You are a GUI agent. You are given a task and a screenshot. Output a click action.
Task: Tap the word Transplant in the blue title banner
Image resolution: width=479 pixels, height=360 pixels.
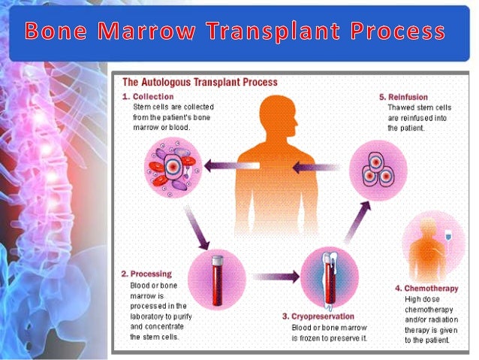pyautogui.click(x=275, y=32)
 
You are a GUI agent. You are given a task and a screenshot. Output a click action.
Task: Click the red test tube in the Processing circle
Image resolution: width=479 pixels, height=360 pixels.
pyautogui.click(x=218, y=275)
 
